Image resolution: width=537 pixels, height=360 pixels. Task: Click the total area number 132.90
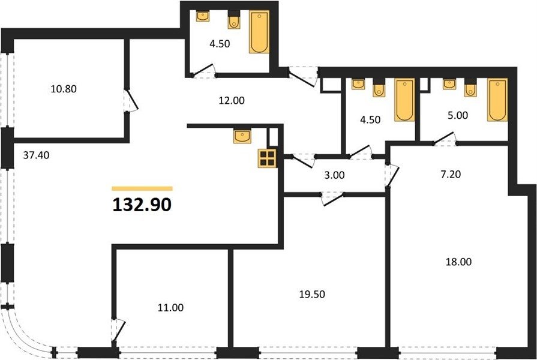[x=142, y=205]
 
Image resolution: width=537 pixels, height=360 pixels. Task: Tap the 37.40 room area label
[x=36, y=155]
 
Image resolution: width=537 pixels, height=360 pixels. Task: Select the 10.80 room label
[x=64, y=89]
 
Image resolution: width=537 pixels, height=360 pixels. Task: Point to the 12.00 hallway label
[x=232, y=100]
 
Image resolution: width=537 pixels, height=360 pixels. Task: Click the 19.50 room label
[x=312, y=294]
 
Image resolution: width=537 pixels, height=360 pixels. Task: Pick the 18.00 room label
[x=458, y=262]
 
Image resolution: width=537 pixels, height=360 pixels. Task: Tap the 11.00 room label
[x=170, y=308]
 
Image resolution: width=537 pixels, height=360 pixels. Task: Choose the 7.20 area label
[x=451, y=175]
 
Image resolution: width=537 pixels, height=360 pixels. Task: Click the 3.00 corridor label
[x=335, y=175]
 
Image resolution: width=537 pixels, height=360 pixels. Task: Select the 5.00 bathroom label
[x=458, y=115]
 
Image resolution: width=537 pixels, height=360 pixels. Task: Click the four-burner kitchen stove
[x=267, y=158]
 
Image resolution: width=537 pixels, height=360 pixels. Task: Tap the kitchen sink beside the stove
[x=242, y=136]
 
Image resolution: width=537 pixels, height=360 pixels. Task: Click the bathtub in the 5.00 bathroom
[x=497, y=100]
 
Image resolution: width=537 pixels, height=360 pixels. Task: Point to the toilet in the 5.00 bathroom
[x=470, y=88]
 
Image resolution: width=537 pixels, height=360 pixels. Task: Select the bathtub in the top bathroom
[x=259, y=32]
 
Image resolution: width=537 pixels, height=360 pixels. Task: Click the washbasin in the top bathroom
[x=203, y=16]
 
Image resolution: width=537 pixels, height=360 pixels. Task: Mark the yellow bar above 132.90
[x=142, y=188]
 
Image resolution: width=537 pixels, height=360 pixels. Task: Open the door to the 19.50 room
[x=332, y=199]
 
